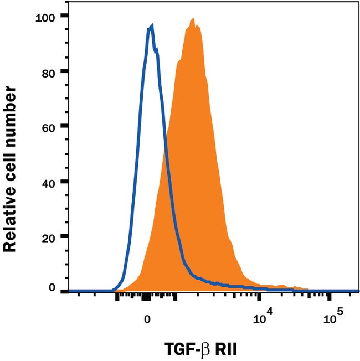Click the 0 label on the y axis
[x=52, y=288]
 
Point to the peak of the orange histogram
[x=193, y=19]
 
